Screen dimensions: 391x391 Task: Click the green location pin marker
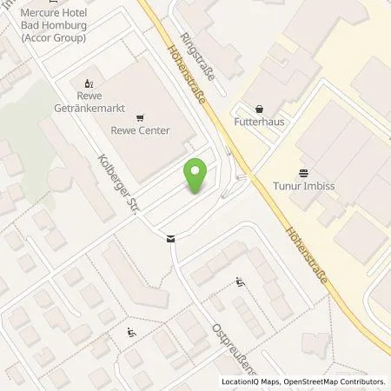(196, 176)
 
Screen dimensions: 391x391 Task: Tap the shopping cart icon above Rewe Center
(140, 117)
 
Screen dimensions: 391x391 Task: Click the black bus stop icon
(170, 238)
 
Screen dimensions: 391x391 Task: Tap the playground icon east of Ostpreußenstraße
(240, 282)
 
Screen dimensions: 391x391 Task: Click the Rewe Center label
(140, 131)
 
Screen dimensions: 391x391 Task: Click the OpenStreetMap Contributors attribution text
(337, 381)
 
